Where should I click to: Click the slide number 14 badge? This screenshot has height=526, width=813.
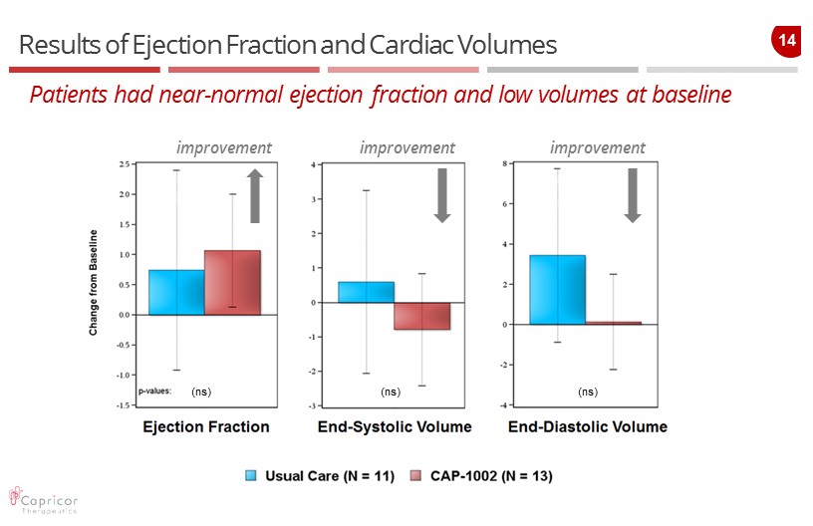[786, 41]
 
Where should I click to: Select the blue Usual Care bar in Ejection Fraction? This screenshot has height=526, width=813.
[176, 292]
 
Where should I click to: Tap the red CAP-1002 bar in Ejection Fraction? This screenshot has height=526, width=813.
[232, 282]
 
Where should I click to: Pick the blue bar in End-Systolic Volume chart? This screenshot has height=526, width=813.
[366, 292]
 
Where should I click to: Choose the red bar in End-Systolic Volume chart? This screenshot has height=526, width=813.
[421, 316]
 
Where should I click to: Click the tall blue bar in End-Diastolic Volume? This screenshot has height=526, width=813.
[557, 290]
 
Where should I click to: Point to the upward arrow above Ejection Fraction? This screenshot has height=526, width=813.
[254, 195]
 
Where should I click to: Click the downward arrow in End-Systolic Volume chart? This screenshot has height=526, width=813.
[442, 194]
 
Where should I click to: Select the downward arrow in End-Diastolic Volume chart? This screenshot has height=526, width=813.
[632, 194]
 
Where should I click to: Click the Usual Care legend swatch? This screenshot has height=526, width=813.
[253, 476]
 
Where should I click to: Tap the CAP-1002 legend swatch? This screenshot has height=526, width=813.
[416, 476]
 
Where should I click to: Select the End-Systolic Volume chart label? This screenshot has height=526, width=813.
[395, 427]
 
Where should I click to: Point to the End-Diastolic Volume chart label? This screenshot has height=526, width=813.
[587, 427]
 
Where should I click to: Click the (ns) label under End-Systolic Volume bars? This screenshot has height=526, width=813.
[391, 393]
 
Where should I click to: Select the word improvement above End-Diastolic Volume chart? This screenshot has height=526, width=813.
[597, 147]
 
